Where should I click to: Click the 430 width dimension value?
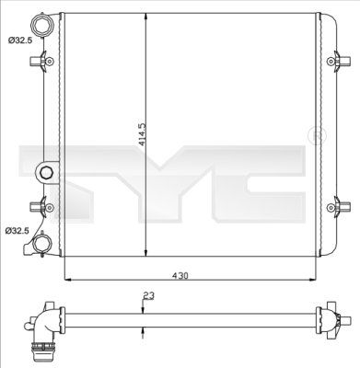click(x=180, y=276)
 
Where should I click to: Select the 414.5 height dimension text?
click(x=143, y=134)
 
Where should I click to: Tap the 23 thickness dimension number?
click(x=149, y=296)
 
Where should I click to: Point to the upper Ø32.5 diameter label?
click(x=20, y=40)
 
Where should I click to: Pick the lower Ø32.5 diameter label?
click(x=17, y=231)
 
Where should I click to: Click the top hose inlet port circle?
click(x=41, y=26)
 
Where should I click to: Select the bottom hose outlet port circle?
click(x=41, y=244)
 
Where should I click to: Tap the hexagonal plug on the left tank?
click(x=45, y=172)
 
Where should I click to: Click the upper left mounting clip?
click(x=41, y=61)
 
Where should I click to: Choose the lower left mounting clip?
click(x=41, y=207)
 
